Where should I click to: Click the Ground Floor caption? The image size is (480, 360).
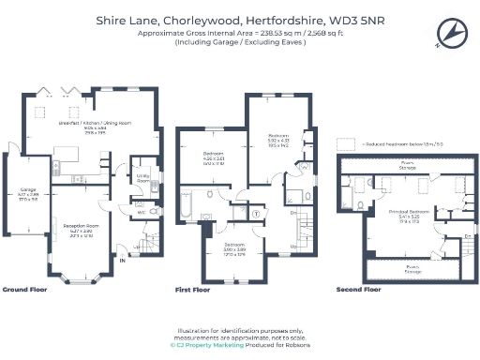pyautogui.click(x=25, y=290)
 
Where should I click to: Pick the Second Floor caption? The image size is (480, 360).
pyautogui.click(x=359, y=290)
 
